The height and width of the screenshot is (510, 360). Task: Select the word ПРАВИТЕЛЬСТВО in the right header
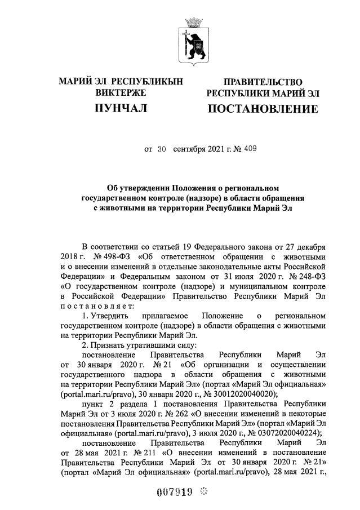pyautogui.click(x=263, y=82)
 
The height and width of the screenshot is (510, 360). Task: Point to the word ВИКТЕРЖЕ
pyautogui.click(x=121, y=92)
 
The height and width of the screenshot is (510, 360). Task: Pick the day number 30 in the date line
pyautogui.click(x=162, y=150)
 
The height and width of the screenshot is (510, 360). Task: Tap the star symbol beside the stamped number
pyautogui.click(x=203, y=491)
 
